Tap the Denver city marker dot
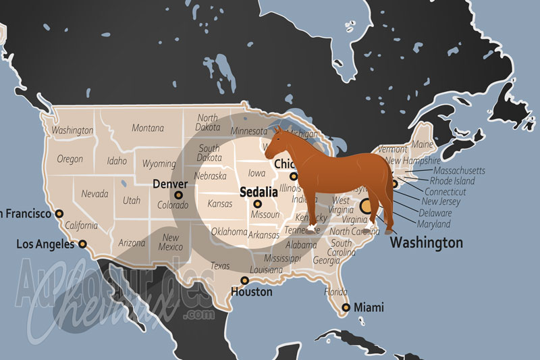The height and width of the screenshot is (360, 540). [x=179, y=195]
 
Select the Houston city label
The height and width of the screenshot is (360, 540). [x=250, y=292]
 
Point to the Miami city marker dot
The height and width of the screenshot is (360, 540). [x=346, y=307]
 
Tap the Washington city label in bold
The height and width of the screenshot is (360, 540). [x=427, y=242]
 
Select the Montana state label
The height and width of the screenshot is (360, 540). [x=148, y=128]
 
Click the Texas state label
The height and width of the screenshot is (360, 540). [x=220, y=265]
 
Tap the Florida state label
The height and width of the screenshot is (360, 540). [x=335, y=292]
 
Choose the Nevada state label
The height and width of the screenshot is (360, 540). [x=94, y=193]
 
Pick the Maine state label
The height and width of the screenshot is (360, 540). [x=422, y=144]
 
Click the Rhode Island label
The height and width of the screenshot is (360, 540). [x=452, y=181]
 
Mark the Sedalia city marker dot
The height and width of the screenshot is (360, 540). [x=257, y=204]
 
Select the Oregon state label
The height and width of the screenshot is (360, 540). [x=70, y=159]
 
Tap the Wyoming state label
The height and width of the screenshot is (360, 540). [x=159, y=163]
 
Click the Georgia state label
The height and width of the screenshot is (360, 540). [x=327, y=260]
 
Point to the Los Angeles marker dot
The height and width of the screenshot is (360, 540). [x=82, y=244]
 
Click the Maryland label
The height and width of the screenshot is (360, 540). [x=433, y=224]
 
